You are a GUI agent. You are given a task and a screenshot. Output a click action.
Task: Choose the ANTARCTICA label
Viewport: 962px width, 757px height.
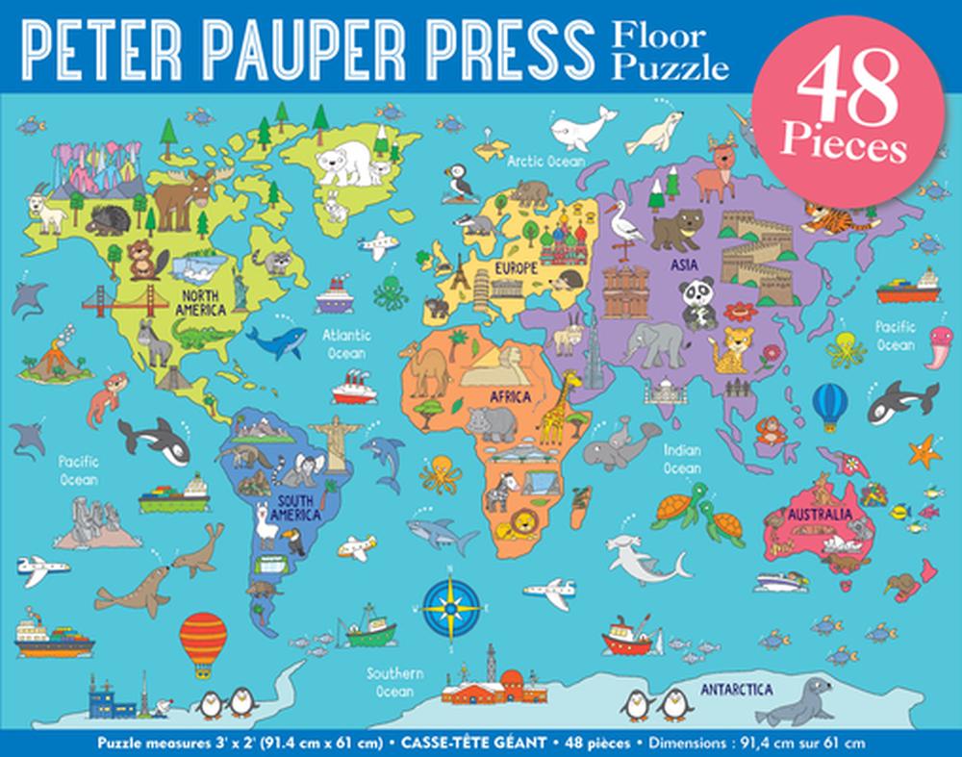click(x=737, y=689)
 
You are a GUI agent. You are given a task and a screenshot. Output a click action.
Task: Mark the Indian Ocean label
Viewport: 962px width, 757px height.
click(x=681, y=459)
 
